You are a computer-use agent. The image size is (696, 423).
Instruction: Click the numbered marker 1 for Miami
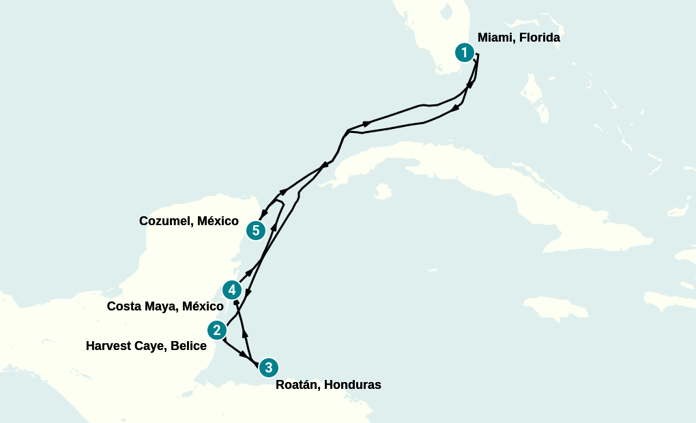click(465, 53)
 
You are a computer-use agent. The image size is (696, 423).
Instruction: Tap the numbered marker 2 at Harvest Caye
click(217, 330)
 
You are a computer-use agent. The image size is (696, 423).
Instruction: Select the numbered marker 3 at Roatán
click(269, 368)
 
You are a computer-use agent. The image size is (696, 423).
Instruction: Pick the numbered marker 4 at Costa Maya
click(233, 290)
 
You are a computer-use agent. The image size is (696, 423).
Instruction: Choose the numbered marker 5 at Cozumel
click(256, 231)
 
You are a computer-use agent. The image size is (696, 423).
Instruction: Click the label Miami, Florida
click(519, 38)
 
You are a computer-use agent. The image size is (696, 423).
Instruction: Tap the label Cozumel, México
click(188, 221)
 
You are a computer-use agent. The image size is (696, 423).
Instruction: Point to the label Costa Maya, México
click(165, 306)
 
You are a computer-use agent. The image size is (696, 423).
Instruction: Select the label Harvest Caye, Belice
click(146, 346)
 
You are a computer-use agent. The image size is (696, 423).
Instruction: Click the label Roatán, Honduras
click(328, 385)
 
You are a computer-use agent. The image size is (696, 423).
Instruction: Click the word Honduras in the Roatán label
click(352, 385)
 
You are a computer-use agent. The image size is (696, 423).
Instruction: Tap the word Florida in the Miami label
click(539, 38)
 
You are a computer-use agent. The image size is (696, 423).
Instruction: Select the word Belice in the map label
click(189, 346)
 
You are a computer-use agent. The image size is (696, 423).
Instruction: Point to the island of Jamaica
click(560, 307)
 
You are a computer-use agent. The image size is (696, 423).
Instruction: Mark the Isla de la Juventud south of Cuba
click(383, 191)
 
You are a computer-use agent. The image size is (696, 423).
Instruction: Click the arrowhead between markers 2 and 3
click(243, 355)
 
